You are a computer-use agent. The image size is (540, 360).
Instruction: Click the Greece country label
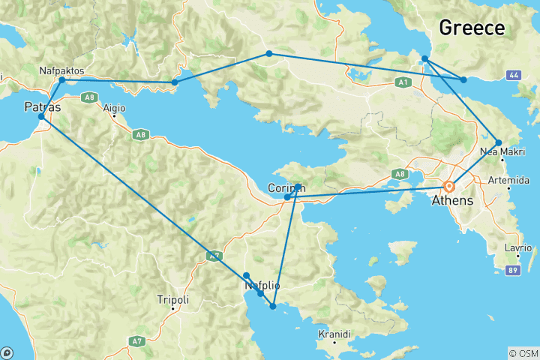pyautogui.click(x=471, y=28)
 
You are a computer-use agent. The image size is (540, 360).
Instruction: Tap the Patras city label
pyautogui.click(x=43, y=106)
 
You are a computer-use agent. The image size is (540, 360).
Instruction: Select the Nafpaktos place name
pyautogui.click(x=62, y=70)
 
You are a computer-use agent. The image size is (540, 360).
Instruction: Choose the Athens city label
pyautogui.click(x=452, y=201)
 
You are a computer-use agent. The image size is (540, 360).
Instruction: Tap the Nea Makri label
pyautogui.click(x=498, y=152)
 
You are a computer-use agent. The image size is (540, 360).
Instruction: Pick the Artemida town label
pyautogui.click(x=508, y=181)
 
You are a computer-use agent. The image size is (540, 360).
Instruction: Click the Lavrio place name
pyautogui.click(x=517, y=248)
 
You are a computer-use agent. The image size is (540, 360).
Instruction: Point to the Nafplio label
pyautogui.click(x=262, y=286)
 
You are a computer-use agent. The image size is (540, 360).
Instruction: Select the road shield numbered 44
pyautogui.click(x=514, y=76)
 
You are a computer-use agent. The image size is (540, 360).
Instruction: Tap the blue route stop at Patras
pyautogui.click(x=41, y=117)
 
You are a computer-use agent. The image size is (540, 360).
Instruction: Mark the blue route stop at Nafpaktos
pyautogui.click(x=62, y=79)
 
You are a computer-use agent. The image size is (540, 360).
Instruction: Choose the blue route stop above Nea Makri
pyautogui.click(x=499, y=142)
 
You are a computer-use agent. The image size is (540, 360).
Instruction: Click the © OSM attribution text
pyautogui.click(x=523, y=353)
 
